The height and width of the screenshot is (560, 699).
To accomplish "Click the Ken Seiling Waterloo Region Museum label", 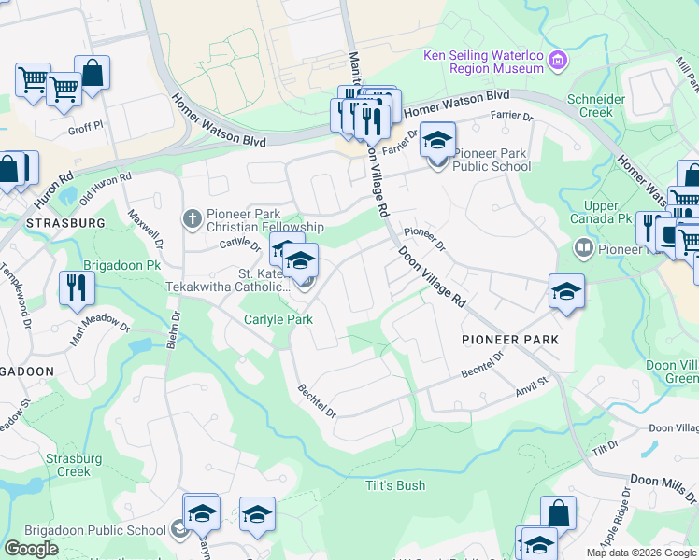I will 483,62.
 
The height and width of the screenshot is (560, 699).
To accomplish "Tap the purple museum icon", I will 558,62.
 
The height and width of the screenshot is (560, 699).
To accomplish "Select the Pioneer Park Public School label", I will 492,160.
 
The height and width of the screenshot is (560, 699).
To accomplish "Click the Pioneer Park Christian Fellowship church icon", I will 193,220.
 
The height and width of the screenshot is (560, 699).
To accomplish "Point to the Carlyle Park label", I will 278,319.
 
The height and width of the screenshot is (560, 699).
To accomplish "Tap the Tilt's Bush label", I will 394,485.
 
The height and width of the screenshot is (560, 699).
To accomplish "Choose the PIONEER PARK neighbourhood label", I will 509,340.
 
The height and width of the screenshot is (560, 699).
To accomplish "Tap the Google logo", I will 31,549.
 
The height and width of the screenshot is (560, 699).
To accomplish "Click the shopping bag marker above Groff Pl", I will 93,72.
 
